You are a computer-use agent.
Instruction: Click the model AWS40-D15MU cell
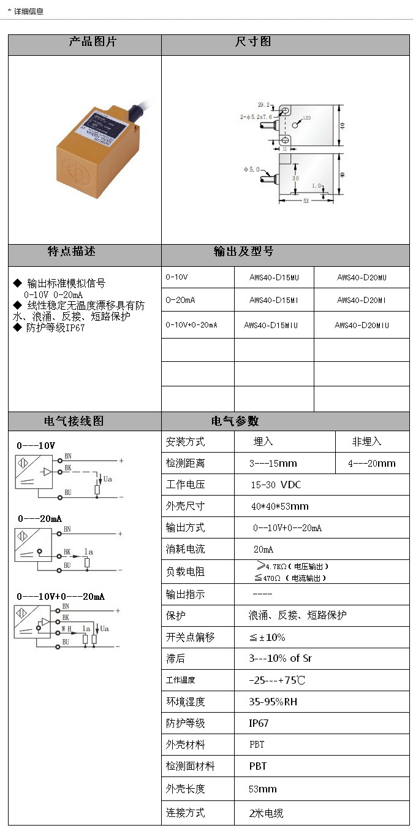[274, 277]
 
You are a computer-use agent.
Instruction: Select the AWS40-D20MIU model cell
[362, 325]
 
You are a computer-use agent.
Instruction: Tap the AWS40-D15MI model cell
[274, 301]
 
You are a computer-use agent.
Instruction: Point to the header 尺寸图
[253, 42]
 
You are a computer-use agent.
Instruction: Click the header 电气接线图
[74, 421]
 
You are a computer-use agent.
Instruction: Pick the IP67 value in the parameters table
[259, 723]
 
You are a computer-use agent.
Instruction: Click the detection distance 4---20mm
[372, 464]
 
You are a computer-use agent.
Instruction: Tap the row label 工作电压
[185, 485]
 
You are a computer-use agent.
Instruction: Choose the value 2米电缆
[266, 813]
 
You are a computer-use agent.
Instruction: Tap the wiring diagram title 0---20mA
[40, 519]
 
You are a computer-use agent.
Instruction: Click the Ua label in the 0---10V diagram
[107, 478]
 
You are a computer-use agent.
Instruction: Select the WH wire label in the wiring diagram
[66, 629]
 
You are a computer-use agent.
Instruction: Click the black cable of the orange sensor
[136, 112]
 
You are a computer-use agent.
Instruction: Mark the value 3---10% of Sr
[280, 658]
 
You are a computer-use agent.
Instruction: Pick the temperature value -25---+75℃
[277, 680]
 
